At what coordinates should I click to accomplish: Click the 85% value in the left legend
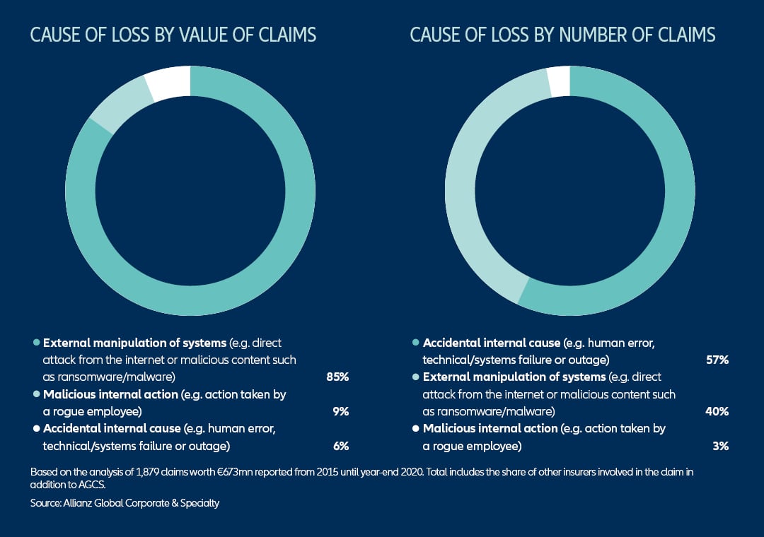click(337, 377)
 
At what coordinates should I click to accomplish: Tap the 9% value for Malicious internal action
click(340, 411)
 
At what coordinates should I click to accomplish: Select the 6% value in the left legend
click(340, 445)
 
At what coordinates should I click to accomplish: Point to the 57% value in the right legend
click(717, 360)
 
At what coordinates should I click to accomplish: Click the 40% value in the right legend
click(717, 411)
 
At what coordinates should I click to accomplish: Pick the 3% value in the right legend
click(721, 445)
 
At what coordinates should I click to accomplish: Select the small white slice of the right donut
click(559, 80)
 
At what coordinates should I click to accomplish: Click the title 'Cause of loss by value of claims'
click(173, 35)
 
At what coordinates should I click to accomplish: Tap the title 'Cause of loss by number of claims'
click(562, 35)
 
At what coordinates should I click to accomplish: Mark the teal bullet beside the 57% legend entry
click(415, 343)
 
